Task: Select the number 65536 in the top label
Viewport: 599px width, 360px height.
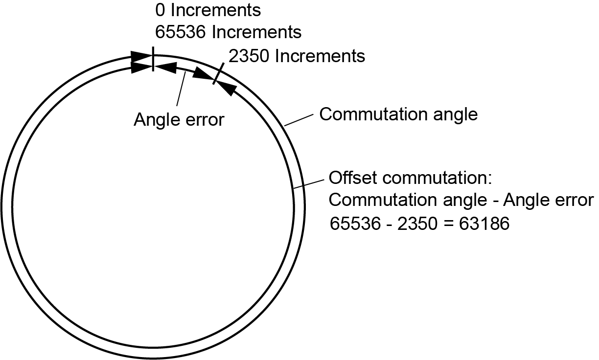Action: (x=176, y=32)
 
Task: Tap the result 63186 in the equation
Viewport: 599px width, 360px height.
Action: (x=477, y=224)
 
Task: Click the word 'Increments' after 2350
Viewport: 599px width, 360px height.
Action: (x=320, y=56)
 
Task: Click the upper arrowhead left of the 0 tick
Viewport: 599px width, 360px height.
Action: (x=140, y=57)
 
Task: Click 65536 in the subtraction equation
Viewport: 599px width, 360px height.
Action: (x=351, y=224)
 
